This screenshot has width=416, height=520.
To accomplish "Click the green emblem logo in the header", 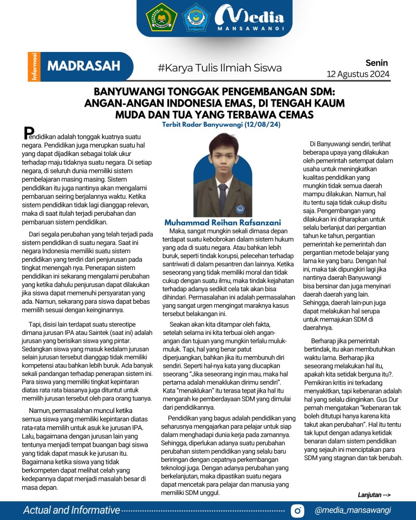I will pos(162,18).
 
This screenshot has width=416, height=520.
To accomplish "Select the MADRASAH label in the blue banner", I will pos(84,66).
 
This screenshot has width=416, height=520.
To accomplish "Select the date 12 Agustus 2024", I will pos(358,74).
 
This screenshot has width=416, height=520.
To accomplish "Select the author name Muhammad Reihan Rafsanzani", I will pos(216,222).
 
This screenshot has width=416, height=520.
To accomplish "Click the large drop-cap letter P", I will pos(30,133).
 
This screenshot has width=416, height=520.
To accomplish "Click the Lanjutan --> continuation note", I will pos(374,495).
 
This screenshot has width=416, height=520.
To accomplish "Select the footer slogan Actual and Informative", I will pos(71,510).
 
